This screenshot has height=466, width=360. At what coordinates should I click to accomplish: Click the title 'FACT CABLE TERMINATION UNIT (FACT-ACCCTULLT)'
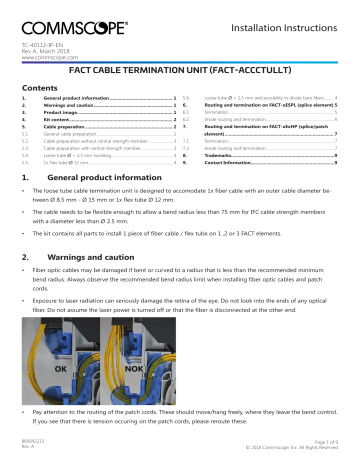[179, 73]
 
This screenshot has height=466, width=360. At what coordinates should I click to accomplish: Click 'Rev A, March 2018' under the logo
[46, 52]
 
